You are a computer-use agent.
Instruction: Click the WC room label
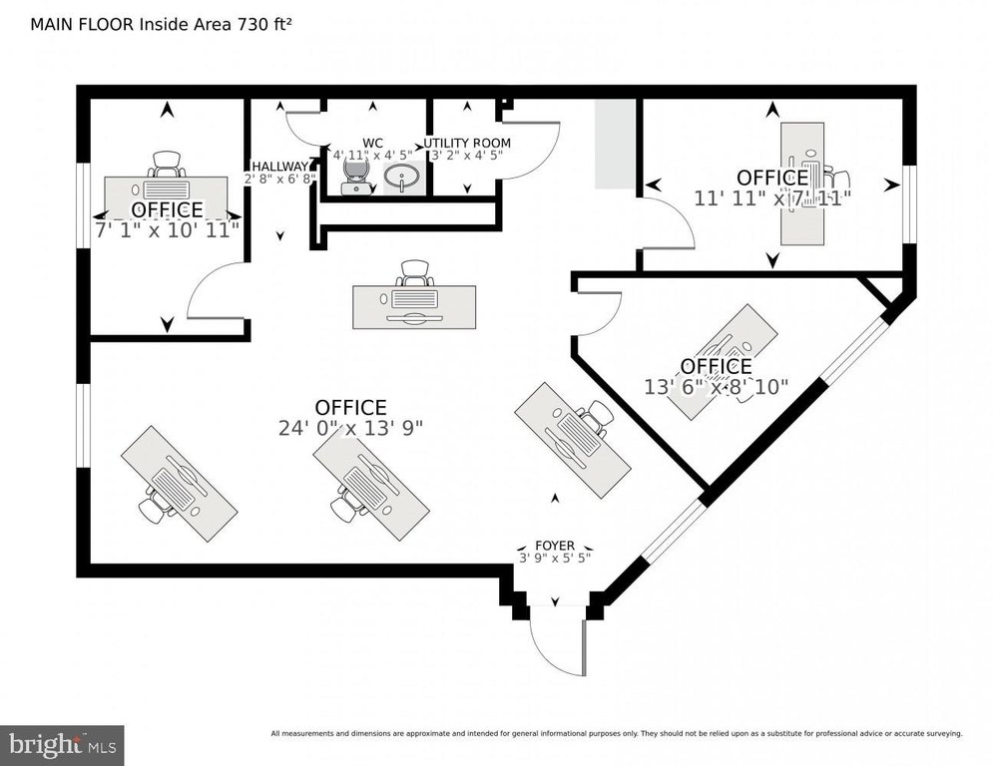(372, 143)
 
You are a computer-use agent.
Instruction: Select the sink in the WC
(402, 179)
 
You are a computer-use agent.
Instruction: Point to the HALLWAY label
(279, 167)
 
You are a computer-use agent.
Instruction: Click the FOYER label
(555, 546)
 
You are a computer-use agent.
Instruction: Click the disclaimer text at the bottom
(616, 734)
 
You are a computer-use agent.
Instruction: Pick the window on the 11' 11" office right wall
(909, 203)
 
